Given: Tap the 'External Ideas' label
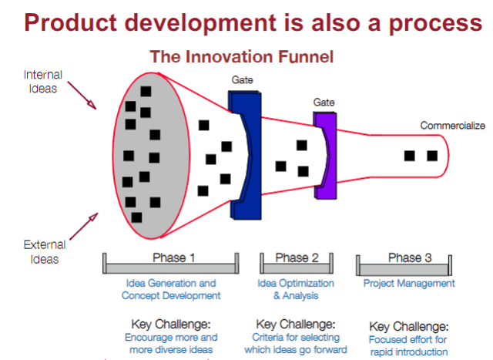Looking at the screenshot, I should click(44, 252).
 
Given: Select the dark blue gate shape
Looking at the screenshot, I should click(244, 154).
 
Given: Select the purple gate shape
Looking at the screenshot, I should click(326, 154).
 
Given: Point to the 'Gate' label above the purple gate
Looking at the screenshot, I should click(324, 102).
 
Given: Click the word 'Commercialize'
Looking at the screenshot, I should click(451, 125).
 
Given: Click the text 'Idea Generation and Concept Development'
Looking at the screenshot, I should click(171, 289).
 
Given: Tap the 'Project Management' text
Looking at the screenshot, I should click(408, 284).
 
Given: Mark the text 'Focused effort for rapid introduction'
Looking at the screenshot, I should click(409, 346).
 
